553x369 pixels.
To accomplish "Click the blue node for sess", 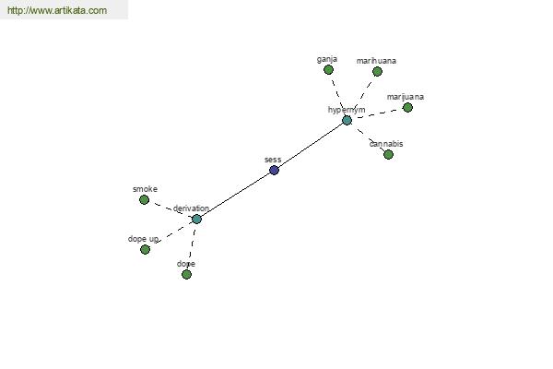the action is coord(274,170).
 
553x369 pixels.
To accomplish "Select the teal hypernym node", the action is coord(347,121).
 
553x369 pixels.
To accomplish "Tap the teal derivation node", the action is coord(196,219).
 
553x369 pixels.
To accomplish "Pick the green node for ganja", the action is coord(328,70).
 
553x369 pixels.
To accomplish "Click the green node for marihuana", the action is coord(377,72).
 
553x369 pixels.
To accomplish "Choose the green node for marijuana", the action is coord(407,107).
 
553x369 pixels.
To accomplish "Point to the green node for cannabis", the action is coord(388,154).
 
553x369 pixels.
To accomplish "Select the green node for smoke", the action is coord(144,200).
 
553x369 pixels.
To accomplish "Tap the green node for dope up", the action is coord(145,250).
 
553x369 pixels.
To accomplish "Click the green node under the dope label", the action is coord(186,274).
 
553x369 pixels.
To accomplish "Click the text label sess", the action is coord(273,160).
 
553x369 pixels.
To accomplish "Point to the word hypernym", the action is coord(347,110).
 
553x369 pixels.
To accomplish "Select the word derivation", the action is coord(191,208).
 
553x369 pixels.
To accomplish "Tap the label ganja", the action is coord(327,59).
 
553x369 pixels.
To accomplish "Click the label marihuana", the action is coord(376,61).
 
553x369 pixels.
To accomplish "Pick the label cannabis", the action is coord(386,144).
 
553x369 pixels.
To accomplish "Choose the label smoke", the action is coord(145,189).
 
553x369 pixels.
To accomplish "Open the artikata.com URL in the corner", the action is coord(57,10).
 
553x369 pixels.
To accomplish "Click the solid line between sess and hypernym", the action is coord(311,146).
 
